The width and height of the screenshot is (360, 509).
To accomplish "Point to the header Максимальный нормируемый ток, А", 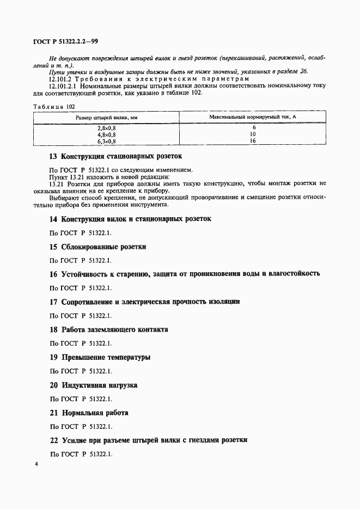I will [252, 117].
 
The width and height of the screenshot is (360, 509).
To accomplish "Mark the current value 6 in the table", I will [252, 128].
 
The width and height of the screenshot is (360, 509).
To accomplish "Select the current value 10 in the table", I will [252, 134].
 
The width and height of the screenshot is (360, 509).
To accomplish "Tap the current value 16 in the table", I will [252, 140].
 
